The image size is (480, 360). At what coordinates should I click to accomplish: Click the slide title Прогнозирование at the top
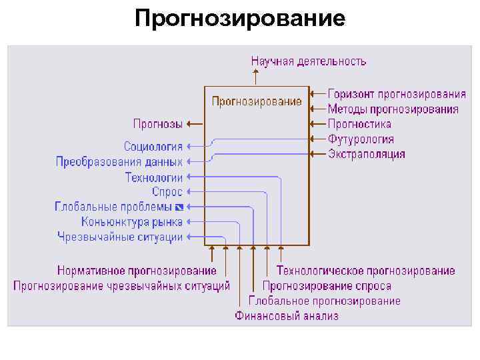(240, 18)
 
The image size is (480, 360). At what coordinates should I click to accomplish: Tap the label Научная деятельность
(308, 61)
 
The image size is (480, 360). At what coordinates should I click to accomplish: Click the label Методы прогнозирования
(393, 109)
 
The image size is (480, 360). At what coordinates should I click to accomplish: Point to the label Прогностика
(359, 124)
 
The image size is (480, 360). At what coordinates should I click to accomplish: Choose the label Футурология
(361, 139)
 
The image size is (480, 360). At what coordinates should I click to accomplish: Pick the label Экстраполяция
(366, 155)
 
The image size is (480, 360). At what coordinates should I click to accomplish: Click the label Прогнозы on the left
(157, 123)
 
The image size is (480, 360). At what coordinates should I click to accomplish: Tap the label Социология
(153, 146)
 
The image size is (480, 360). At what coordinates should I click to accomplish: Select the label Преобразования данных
(119, 161)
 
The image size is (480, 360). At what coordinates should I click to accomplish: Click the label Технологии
(153, 177)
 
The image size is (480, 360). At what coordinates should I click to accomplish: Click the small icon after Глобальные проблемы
(179, 207)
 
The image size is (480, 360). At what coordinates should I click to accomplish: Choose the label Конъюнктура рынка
(132, 222)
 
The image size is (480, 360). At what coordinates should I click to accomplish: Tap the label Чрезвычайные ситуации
(120, 237)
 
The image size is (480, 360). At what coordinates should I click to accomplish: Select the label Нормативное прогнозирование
(137, 271)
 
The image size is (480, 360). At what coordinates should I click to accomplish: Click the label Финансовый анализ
(287, 316)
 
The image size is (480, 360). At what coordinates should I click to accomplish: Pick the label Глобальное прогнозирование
(325, 301)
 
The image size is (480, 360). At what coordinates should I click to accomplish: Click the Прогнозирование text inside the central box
(257, 102)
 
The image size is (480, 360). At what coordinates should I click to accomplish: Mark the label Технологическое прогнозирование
(366, 271)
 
